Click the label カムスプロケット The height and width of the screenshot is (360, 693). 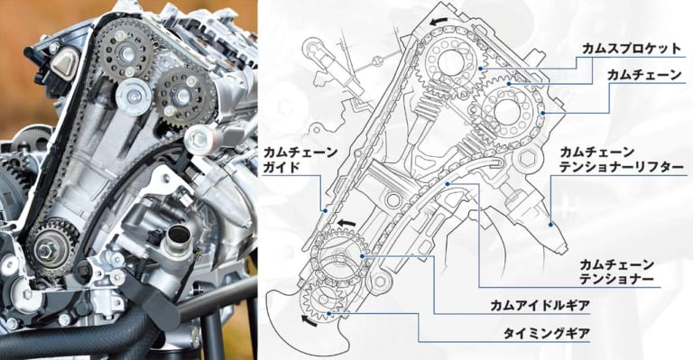tap(632, 49)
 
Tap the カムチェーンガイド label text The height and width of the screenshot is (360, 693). tap(300, 161)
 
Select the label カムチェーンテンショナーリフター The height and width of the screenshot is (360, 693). tap(622, 160)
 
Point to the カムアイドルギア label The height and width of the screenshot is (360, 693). tap(541, 305)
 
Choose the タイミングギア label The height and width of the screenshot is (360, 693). tap(546, 334)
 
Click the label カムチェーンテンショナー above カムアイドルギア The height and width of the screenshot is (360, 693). tap(616, 272)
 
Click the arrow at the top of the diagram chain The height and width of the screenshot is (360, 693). tap(439, 21)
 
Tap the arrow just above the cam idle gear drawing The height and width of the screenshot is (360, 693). tap(346, 223)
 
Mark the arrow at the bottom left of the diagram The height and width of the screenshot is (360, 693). tap(309, 320)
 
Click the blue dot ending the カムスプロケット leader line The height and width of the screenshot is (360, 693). tap(481, 69)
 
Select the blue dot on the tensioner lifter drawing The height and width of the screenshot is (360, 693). tap(551, 225)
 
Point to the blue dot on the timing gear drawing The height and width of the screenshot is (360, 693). tap(328, 313)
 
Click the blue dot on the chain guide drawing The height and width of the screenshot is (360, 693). tap(326, 211)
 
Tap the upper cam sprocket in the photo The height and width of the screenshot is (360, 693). tap(126, 51)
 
